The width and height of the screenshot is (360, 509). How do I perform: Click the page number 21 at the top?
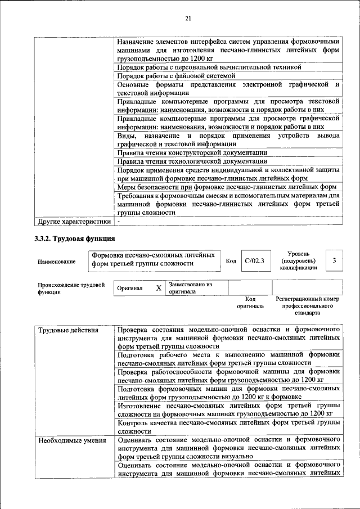pos(188,19)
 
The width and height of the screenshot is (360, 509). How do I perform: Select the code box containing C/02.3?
pos(255,260)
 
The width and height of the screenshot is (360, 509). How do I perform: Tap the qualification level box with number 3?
pos(334,260)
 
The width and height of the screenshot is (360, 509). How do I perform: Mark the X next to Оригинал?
pos(159,288)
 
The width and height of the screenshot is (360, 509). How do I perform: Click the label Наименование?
pos(56,262)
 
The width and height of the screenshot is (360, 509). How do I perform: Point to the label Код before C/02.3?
pos(231,261)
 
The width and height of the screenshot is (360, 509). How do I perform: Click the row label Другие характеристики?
pos(74,222)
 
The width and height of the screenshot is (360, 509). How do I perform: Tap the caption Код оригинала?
pos(250,303)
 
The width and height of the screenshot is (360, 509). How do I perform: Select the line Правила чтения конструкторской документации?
pos(192,152)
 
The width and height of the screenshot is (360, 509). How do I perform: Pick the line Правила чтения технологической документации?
pos(192,161)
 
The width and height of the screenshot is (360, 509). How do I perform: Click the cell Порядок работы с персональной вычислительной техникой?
pos(209,67)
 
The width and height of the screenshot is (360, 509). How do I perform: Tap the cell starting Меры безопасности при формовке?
pos(227,187)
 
